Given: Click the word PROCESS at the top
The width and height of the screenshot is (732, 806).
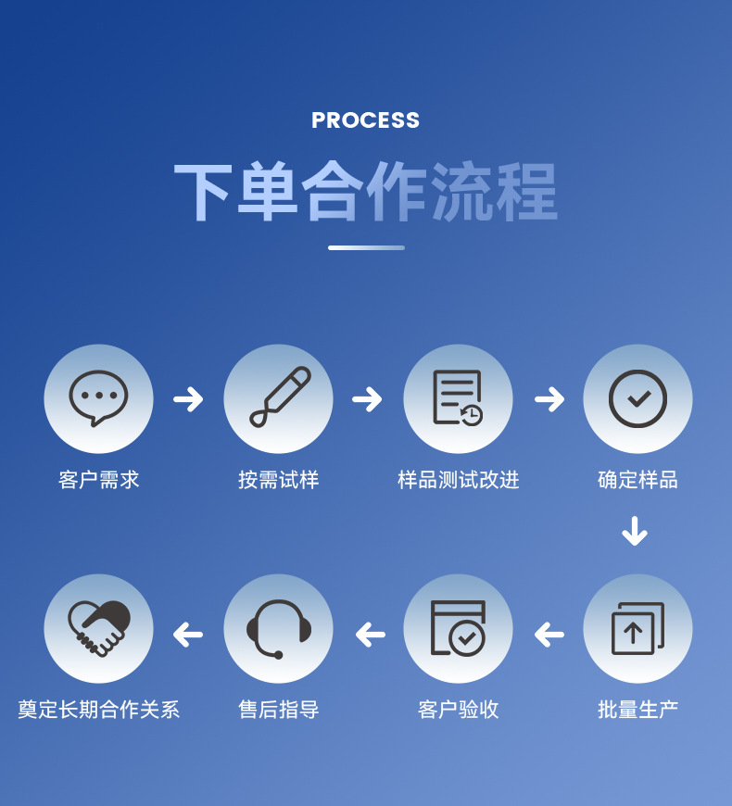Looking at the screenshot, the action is (x=365, y=120).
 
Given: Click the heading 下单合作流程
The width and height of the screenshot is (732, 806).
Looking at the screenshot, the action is (x=365, y=192).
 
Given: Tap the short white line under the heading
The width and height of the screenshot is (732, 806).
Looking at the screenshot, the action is (x=366, y=247).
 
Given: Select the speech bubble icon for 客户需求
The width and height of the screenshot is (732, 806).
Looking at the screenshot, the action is (x=98, y=398).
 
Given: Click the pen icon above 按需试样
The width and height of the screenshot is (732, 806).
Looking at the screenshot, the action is (x=278, y=398).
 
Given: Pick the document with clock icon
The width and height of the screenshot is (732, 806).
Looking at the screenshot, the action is (x=458, y=398).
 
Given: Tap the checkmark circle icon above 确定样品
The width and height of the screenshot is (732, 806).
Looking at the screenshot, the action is (x=637, y=398).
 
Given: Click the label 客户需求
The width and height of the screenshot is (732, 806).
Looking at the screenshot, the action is (x=98, y=480).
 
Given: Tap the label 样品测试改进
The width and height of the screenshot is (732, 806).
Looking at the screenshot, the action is (x=458, y=480).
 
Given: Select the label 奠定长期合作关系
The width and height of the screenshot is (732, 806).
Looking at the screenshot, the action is (x=98, y=710).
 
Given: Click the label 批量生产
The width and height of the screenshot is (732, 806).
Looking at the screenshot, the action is (x=637, y=710).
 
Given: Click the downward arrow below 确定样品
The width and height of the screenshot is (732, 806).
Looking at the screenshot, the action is (x=635, y=531).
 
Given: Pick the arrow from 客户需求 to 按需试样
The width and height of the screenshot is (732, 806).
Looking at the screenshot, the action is (x=188, y=399).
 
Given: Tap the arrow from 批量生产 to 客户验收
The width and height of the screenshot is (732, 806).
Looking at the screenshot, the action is (x=549, y=635).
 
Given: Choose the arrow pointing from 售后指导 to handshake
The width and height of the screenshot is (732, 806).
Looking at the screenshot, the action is (x=188, y=635).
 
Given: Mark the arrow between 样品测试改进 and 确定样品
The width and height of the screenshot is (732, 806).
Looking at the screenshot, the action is (x=549, y=399).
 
